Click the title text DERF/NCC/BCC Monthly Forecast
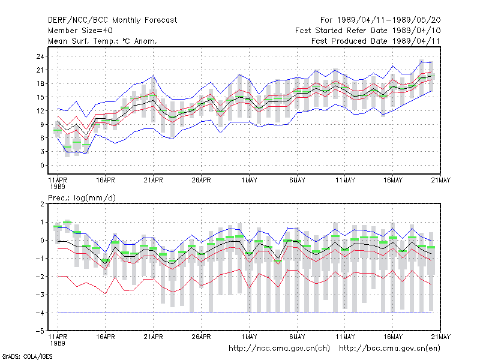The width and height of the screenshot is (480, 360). click(112, 20)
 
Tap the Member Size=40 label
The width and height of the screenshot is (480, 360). click(80, 31)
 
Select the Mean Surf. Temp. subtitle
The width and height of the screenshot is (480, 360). click(102, 41)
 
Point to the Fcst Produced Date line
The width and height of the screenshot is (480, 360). click(376, 41)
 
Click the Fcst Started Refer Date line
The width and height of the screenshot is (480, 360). click(368, 31)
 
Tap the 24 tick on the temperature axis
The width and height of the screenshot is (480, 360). click(40, 56)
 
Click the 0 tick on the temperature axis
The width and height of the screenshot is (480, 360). click(42, 166)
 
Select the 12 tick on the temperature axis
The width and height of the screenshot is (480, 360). click(40, 111)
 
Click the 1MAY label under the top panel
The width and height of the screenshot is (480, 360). click(249, 180)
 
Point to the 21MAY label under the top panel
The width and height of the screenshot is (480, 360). click(440, 180)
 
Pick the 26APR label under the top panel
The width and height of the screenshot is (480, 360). click(201, 180)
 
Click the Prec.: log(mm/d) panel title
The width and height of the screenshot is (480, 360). click(82, 198)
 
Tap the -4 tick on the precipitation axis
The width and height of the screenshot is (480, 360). click(40, 313)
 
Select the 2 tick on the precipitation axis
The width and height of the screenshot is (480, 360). click(42, 204)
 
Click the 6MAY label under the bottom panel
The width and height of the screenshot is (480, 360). click(297, 337)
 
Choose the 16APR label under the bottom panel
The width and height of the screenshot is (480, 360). click(106, 337)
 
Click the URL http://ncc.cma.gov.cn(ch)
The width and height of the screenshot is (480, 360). click(279, 349)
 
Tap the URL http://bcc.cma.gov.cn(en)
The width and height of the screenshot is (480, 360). click(389, 349)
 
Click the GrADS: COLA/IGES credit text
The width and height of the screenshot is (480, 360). click(27, 356)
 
